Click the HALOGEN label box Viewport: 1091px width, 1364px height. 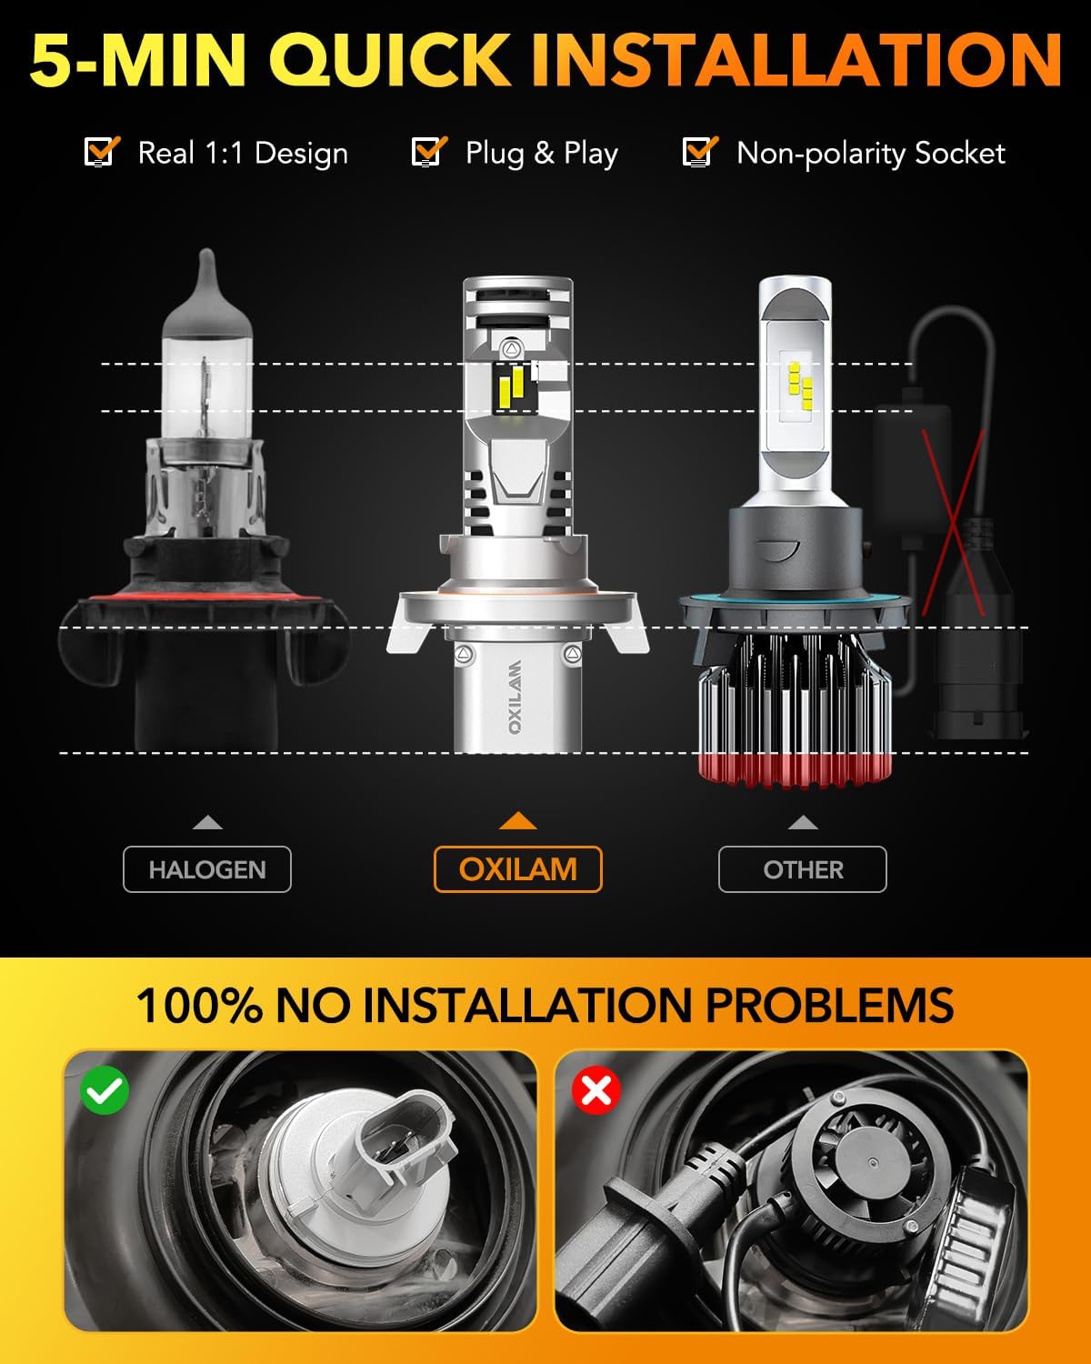pos(207,869)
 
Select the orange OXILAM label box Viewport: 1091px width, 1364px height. pos(517,869)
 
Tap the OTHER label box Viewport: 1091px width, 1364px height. pos(802,869)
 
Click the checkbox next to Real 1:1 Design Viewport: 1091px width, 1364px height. pos(101,152)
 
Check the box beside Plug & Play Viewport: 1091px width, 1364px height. pos(427,152)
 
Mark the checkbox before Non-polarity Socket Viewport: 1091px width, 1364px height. pos(698,152)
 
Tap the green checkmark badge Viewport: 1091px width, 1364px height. pos(105,1090)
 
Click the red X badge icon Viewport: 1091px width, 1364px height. pos(596,1090)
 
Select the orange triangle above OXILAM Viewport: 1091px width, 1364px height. pos(517,821)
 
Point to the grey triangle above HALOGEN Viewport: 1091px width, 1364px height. pos(207,823)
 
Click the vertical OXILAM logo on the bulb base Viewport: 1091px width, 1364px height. pos(515,696)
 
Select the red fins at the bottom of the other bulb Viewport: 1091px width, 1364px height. pos(791,768)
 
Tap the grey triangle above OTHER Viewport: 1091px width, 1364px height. pos(802,823)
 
